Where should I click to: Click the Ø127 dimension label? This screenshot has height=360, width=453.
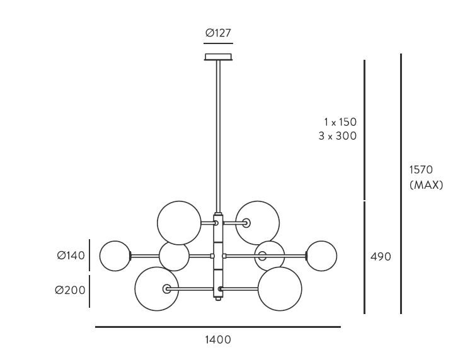pos(219,33)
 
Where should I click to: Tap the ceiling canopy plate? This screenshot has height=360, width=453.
pos(219,57)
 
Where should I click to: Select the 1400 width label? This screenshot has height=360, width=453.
pos(218,340)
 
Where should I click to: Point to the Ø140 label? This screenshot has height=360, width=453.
pos(71,256)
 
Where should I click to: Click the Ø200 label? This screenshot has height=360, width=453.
pos(70,290)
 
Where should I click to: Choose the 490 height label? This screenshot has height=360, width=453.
pos(381,256)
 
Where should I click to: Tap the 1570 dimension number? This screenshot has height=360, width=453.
pos(421,169)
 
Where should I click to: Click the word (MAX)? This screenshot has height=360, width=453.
pos(426,185)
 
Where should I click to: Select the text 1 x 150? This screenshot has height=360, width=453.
pos(340,122)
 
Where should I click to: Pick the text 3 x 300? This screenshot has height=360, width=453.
pos(338,136)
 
